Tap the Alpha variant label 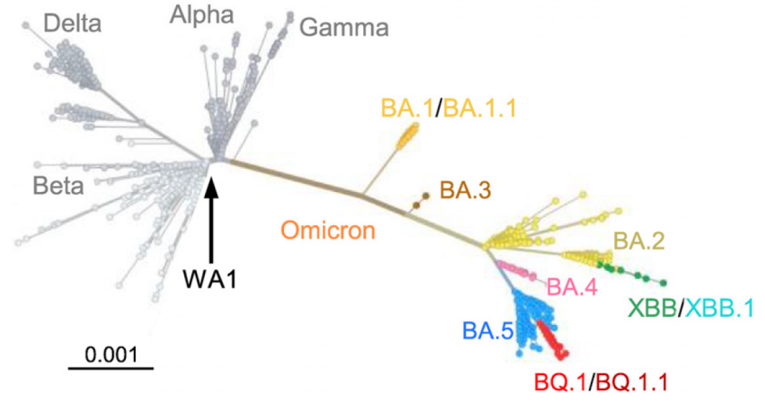(x=203, y=14)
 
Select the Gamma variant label (x=344, y=28)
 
